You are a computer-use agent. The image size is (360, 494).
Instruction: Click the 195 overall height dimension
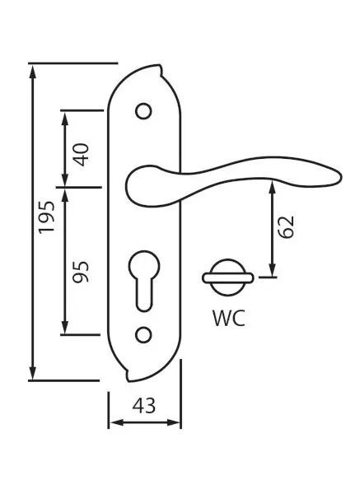[47, 217]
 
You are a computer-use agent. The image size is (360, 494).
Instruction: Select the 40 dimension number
[82, 155]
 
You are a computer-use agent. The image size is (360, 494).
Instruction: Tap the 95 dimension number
[82, 272]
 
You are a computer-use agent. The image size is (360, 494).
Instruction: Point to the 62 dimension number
[286, 227]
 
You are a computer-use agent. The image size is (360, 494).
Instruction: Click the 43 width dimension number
[144, 406]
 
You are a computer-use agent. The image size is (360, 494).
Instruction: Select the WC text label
[229, 318]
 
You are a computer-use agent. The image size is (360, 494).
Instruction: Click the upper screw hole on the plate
[143, 111]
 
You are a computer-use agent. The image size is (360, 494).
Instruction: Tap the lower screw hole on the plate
[143, 335]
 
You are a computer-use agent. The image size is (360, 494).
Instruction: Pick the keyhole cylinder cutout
[144, 281]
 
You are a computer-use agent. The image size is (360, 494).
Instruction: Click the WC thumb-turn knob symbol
[228, 278]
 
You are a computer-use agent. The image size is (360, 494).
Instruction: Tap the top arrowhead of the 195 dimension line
[33, 71]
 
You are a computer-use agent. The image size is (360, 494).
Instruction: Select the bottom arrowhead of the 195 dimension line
[33, 374]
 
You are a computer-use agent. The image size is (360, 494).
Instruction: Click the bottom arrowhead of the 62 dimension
[273, 271]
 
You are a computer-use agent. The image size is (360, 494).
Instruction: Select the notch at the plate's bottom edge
[129, 375]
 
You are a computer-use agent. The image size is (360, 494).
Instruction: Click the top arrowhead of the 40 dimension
[65, 119]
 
